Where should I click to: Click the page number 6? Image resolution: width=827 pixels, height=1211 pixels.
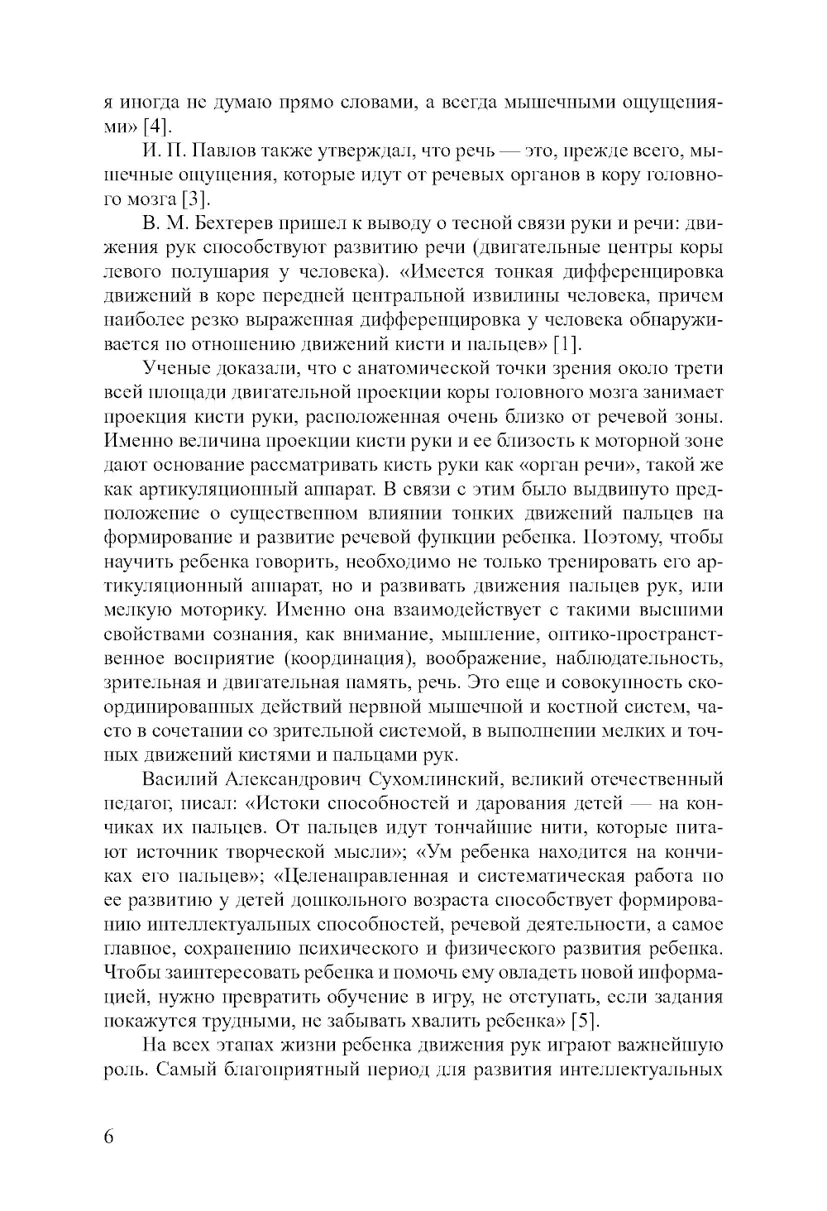pyautogui.click(x=109, y=1136)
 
